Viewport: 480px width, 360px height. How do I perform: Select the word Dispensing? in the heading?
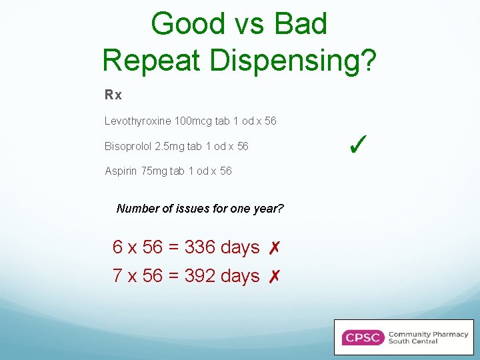293,60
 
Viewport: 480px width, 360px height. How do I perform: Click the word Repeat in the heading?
151,60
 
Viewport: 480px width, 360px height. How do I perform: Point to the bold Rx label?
113,95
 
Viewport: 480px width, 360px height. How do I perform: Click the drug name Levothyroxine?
137,121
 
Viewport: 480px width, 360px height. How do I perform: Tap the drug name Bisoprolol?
128,146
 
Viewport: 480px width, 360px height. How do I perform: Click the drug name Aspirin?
121,171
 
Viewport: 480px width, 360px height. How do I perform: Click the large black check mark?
359,142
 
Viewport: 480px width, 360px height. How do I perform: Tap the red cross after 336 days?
273,248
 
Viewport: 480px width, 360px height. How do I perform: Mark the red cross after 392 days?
273,276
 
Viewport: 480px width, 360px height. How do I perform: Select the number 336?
199,247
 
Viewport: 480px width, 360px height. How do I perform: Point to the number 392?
199,275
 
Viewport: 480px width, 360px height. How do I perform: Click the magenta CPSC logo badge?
362,337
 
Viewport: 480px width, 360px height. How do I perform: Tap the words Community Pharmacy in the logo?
428,334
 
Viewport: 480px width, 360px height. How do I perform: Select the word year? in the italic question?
269,209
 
